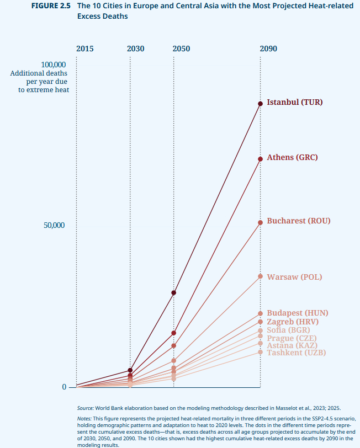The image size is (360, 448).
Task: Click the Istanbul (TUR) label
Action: click(x=294, y=102)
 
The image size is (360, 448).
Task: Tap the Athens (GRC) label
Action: click(x=292, y=157)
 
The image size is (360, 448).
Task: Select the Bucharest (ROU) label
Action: click(x=298, y=221)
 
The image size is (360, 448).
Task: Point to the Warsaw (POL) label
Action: click(x=294, y=277)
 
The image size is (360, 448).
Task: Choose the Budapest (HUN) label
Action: click(x=297, y=313)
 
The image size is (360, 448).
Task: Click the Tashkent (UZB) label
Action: click(x=296, y=353)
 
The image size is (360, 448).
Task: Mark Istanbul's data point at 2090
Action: click(x=260, y=104)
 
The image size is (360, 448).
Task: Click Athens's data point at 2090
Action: click(x=260, y=159)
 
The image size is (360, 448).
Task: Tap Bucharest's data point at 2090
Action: click(x=260, y=223)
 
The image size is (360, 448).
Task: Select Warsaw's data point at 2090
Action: click(x=260, y=276)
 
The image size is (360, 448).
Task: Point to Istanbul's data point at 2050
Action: click(x=174, y=292)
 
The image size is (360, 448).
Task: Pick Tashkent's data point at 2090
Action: click(x=260, y=352)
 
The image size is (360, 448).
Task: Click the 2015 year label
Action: click(x=84, y=49)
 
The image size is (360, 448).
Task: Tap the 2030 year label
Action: click(x=135, y=49)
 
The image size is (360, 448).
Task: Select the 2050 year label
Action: click(x=181, y=49)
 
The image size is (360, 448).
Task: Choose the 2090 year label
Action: click(x=268, y=49)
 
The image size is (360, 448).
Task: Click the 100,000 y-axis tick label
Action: click(x=54, y=65)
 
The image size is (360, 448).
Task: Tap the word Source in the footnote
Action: click(x=85, y=408)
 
